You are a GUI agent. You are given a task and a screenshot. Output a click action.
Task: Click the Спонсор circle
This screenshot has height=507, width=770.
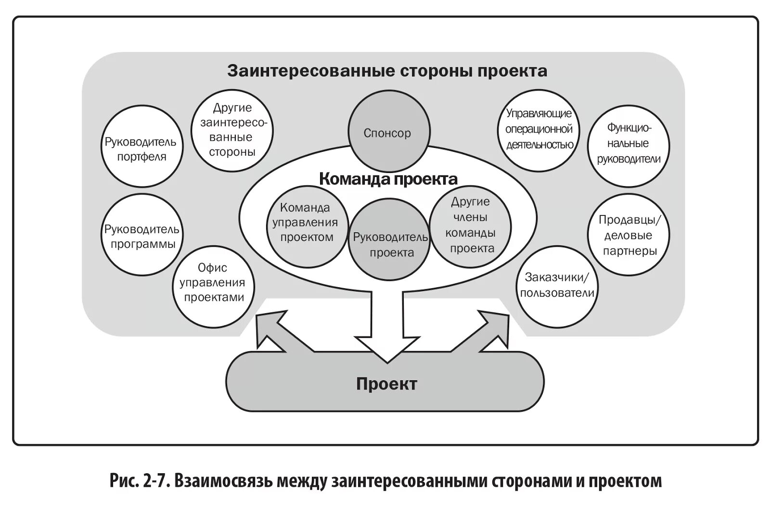coord(389,133)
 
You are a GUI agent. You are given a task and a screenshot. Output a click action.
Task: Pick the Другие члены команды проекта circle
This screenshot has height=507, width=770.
coord(470,226)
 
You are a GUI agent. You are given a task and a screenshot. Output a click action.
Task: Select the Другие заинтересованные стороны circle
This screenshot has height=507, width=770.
coord(232,130)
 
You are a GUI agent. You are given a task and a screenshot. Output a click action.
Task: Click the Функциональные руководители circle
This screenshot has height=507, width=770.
coord(628,145)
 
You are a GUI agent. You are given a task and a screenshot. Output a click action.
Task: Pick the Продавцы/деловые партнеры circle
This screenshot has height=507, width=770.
coord(629,235)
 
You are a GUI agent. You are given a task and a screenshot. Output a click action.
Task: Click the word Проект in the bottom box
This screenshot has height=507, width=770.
coord(386,384)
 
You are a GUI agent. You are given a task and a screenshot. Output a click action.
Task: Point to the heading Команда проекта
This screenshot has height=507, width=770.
coord(388,179)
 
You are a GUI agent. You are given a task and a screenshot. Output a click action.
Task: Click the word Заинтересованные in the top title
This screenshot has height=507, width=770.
coord(311,71)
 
